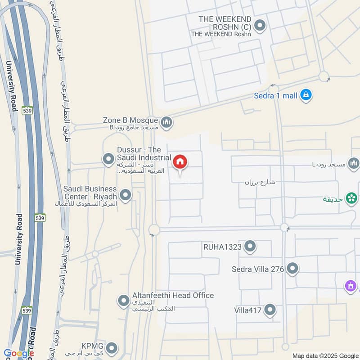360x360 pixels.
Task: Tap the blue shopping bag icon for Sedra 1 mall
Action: [x=306, y=95]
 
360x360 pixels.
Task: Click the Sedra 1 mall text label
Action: [x=275, y=95]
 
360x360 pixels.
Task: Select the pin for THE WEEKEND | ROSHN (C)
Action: [x=259, y=26]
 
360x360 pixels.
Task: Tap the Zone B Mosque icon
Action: [x=166, y=121]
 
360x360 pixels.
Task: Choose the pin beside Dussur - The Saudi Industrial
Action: [x=108, y=159]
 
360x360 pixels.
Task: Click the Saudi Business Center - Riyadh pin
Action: [x=126, y=195]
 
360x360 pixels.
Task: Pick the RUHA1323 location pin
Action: [x=250, y=246]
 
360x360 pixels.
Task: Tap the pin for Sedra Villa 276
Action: [x=292, y=269]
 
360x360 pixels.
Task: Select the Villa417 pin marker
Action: [x=270, y=310]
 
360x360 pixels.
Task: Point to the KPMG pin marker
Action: [x=112, y=347]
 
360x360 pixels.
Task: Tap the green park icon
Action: [x=351, y=198]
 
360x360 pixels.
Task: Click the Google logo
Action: [x=18, y=353]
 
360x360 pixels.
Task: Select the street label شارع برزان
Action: [x=260, y=182]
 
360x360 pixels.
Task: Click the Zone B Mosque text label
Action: [x=130, y=120]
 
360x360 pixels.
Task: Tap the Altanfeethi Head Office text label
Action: [x=173, y=295]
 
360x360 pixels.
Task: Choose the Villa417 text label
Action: [x=248, y=310]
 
